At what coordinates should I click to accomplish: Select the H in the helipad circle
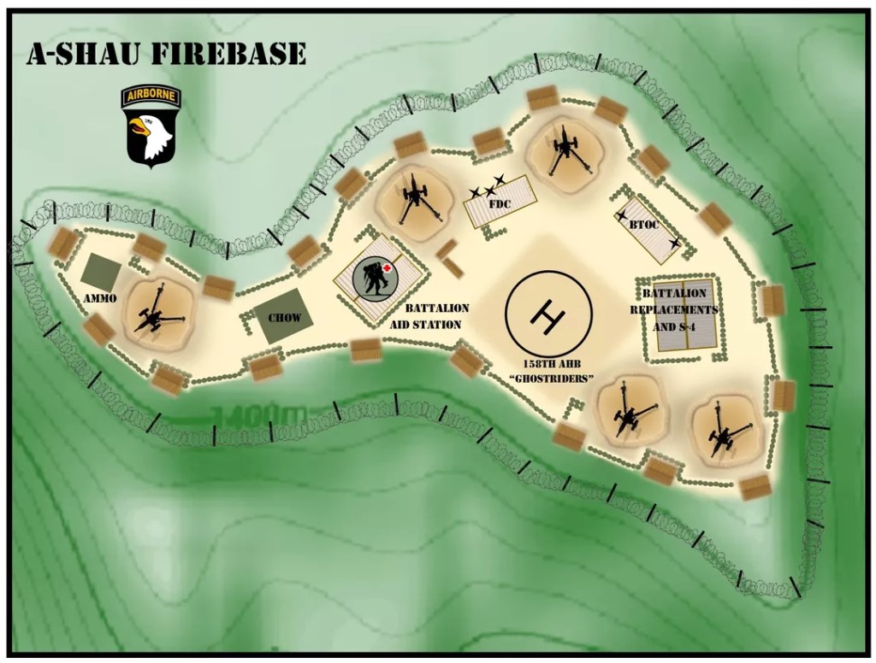547,314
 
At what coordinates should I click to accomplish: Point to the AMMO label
100,298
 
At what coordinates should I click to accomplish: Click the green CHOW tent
283,317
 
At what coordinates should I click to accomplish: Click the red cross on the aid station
388,268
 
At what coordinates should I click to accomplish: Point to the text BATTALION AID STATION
433,316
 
